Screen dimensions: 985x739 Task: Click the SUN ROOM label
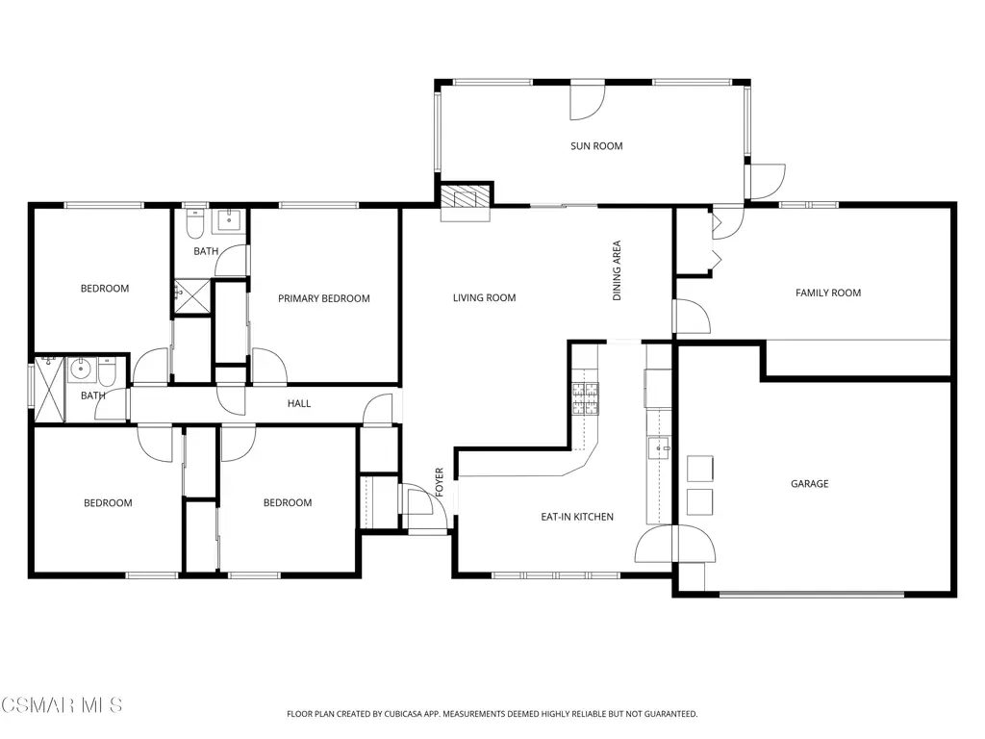pos(596,146)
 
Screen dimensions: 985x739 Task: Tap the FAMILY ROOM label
pos(828,293)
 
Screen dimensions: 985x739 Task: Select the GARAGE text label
pos(809,483)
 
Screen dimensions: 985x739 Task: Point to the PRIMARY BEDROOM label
pos(323,298)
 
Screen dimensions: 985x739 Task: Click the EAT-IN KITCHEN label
pos(577,517)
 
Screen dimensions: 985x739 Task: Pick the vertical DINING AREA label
pos(617,270)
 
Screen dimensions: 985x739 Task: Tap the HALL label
pos(299,403)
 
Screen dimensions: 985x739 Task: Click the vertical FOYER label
pos(439,482)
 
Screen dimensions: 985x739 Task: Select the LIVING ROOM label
pos(485,298)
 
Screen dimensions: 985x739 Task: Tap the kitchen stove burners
pos(585,398)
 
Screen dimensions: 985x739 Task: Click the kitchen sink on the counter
pos(659,448)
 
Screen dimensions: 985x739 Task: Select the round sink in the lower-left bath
pos(82,369)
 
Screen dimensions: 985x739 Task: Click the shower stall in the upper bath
pos(192,296)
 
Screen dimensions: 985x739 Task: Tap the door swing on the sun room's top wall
pos(587,102)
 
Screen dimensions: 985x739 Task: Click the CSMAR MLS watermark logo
pos(61,704)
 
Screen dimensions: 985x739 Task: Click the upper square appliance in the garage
pos(700,469)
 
